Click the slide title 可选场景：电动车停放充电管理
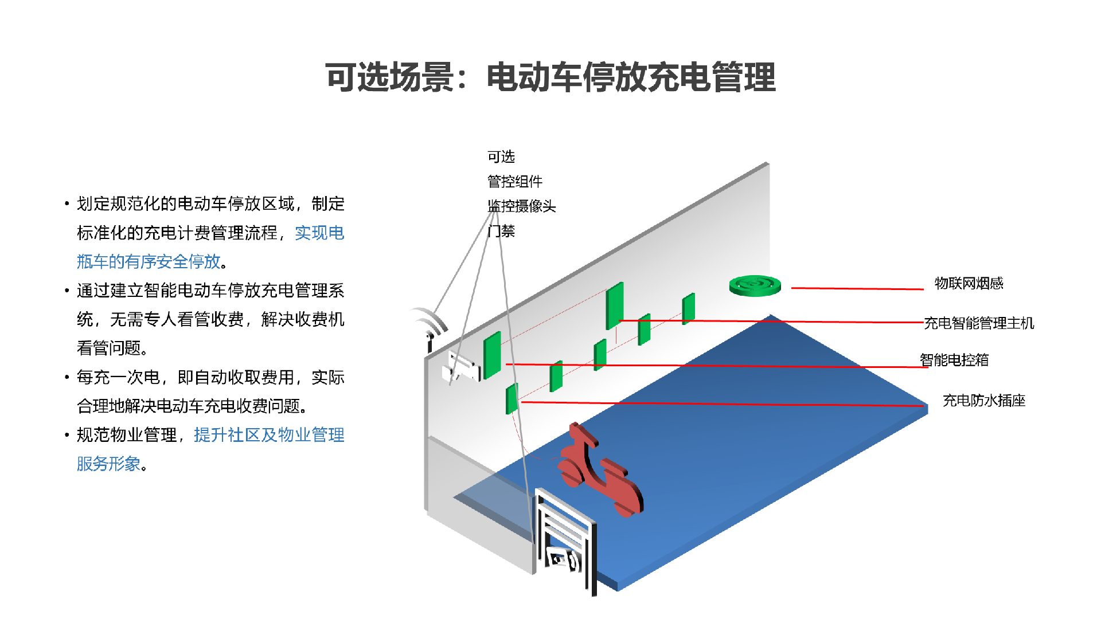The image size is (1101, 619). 550,77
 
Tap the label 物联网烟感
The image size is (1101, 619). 969,283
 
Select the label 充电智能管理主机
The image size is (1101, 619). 979,323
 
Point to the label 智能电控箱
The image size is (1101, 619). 954,360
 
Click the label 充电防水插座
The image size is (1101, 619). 984,401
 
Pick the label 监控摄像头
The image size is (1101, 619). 522,206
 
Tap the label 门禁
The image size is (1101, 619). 501,231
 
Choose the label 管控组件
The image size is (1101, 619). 515,182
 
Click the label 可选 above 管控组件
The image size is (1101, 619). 501,156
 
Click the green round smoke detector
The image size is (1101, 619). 755,285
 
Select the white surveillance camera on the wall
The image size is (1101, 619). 460,367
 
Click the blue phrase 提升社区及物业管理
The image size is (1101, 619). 269,435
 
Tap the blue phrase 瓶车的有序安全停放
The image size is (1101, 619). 149,261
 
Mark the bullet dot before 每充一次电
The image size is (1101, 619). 67,377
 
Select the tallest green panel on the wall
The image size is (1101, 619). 615,305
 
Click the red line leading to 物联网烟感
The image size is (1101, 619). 857,288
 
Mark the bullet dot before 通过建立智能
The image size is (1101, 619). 67,291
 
